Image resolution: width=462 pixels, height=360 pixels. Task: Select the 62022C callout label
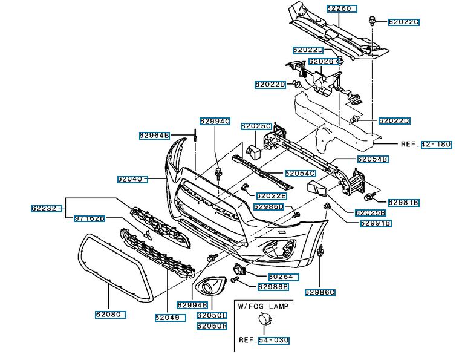coord(403,22)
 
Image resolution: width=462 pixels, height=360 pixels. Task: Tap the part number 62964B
coord(154,136)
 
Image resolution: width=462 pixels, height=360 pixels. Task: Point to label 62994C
coord(215,121)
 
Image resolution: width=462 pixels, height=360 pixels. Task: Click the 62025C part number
coord(256,126)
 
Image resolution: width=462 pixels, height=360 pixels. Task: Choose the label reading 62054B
coord(372,159)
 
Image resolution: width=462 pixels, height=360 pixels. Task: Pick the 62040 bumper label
coord(132,179)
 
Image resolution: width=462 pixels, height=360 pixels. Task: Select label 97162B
coord(89,218)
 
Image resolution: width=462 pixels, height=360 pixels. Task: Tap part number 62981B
coord(403,202)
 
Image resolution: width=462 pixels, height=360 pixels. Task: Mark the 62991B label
coord(376,223)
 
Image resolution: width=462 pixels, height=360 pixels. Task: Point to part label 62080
coord(109,315)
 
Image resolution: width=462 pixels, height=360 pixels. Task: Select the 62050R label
coord(211,326)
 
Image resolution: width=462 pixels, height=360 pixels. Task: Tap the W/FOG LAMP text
coord(262,306)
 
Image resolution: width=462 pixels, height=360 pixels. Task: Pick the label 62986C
coord(319,293)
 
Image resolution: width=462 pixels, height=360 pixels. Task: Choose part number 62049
coord(169,317)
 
